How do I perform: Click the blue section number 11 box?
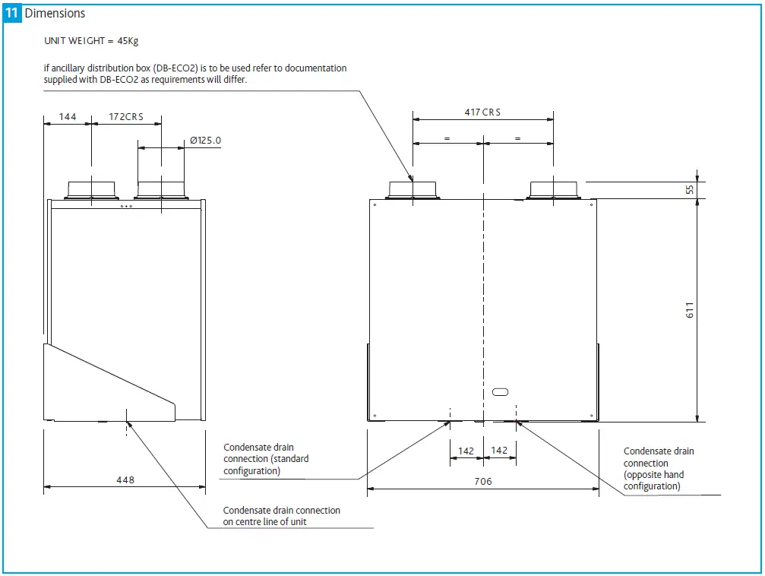tap(12, 13)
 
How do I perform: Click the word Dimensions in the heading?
tap(55, 13)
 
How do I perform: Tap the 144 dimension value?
tap(68, 117)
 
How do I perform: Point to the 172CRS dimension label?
tap(125, 117)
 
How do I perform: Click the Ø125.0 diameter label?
tap(205, 141)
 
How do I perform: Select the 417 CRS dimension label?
tap(482, 112)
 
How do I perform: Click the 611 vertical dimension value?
tap(691, 310)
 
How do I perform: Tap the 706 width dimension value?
tap(482, 481)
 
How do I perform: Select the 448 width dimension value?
tap(125, 479)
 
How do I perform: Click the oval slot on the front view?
tap(501, 391)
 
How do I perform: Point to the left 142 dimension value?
tap(466, 451)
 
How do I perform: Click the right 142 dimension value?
tap(499, 451)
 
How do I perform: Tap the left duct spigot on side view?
tap(91, 189)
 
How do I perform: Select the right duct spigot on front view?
tap(553, 189)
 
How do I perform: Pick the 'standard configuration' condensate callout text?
tap(266, 459)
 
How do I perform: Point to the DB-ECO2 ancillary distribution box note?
tap(195, 74)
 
